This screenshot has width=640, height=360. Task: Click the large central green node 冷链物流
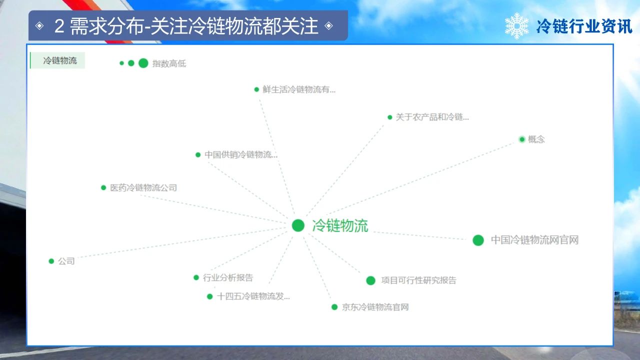point(298,225)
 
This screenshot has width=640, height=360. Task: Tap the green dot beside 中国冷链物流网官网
point(478,240)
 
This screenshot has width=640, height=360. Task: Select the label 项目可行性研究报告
point(418,280)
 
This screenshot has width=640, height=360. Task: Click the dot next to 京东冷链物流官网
point(334,307)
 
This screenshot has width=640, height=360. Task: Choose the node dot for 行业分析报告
point(196,277)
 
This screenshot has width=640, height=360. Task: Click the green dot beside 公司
point(51,261)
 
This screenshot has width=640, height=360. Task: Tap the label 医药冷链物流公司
point(143,187)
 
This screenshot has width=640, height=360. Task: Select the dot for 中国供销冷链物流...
point(198,155)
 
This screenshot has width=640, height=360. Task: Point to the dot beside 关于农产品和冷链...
point(389,117)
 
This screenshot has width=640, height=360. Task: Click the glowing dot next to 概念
point(522,139)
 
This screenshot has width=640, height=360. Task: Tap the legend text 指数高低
point(169,63)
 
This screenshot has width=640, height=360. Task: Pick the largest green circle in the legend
point(143,63)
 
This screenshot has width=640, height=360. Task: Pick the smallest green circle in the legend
point(121,63)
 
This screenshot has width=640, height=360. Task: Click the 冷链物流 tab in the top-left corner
point(57,60)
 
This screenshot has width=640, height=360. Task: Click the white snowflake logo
point(516,26)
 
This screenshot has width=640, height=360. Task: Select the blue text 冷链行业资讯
point(584,26)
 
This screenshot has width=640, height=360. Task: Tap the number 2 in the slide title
point(59,26)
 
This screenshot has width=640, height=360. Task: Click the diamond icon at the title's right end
point(329,25)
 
